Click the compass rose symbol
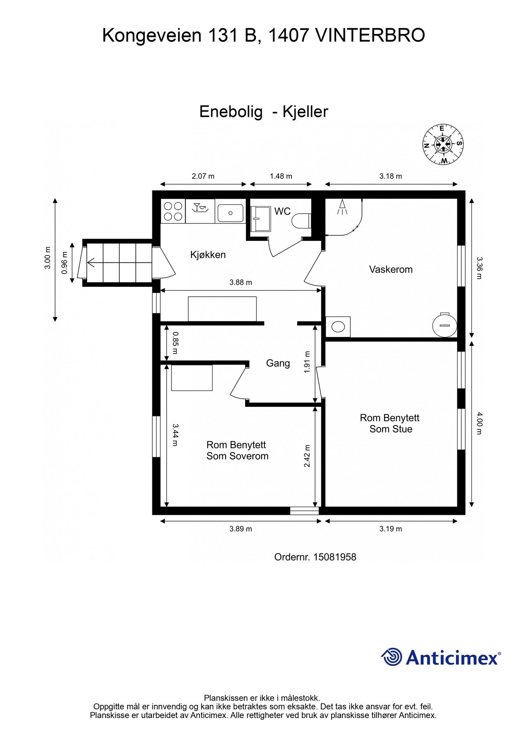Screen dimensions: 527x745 point(443,144)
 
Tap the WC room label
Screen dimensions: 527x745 point(282,211)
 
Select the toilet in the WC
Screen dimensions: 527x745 point(301,220)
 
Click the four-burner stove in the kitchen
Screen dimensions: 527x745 point(173,211)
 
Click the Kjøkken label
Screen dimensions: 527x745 point(208,255)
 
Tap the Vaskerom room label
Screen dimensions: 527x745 point(391,269)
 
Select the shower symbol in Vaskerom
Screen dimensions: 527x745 point(342,207)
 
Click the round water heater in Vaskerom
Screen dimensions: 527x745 point(445,325)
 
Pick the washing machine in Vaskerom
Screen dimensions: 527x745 point(338,327)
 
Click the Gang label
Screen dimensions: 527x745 point(278,363)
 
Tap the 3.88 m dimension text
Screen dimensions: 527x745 point(241,283)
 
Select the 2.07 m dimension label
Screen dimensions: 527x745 point(203,176)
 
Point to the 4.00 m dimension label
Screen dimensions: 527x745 point(479,423)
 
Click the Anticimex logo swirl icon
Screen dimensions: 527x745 point(391,657)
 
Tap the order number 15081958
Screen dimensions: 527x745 point(334,557)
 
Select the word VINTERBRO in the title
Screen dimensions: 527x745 point(370,35)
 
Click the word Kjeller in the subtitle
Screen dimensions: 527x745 point(305,112)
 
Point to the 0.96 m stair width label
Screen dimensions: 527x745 point(64,263)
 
